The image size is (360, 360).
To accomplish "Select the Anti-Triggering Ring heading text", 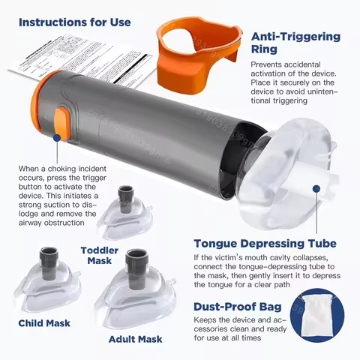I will click(295, 43).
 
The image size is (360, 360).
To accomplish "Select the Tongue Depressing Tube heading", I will click(265, 243).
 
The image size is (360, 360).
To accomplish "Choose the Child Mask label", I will click(44, 323).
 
